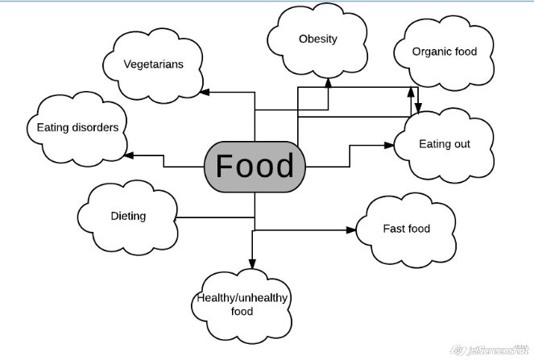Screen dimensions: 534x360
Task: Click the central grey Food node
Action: tap(255, 167)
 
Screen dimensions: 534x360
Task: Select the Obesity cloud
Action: tap(317, 40)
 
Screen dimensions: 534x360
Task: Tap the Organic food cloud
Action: tap(444, 53)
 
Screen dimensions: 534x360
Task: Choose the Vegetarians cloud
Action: tap(153, 65)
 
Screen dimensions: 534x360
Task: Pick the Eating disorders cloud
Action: tap(77, 129)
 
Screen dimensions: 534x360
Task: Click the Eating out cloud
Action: tap(444, 146)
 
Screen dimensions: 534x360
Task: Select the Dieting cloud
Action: tap(128, 217)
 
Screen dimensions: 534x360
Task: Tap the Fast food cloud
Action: tap(406, 230)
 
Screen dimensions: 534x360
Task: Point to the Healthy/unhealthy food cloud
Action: tap(242, 306)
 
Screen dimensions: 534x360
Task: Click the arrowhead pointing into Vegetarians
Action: tap(205, 92)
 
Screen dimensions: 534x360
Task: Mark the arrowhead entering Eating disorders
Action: tap(128, 155)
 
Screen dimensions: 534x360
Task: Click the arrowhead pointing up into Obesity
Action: tap(329, 83)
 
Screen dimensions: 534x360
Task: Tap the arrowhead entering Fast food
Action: tap(351, 230)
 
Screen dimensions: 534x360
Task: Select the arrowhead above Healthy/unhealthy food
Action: tap(252, 263)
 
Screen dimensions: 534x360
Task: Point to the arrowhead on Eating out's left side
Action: tap(389, 146)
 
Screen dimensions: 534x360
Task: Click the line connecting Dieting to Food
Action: tap(216, 217)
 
